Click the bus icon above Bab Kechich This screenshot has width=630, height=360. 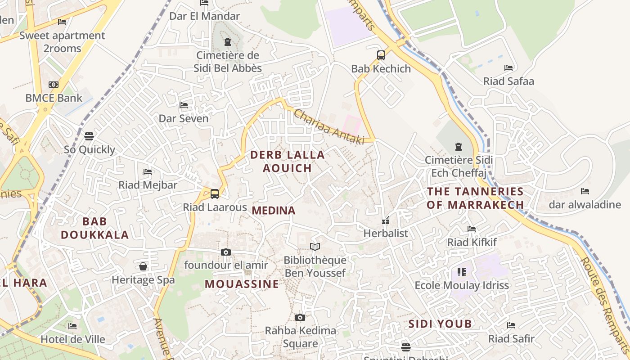(381, 55)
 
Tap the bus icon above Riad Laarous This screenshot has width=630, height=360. (215, 194)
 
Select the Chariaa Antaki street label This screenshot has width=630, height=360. (329, 127)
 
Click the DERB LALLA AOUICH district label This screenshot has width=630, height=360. (287, 161)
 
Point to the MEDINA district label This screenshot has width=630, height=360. (274, 210)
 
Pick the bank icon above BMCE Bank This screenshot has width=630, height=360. (54, 85)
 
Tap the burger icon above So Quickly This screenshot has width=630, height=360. (89, 136)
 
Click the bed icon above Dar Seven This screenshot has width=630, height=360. (184, 105)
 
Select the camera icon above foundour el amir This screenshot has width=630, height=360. (226, 252)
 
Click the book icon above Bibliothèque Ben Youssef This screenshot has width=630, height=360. (315, 247)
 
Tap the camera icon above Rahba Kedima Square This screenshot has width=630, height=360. (300, 317)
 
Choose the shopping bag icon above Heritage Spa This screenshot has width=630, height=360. (143, 266)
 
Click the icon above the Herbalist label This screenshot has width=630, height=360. (386, 220)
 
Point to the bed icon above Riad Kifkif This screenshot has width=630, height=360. (472, 229)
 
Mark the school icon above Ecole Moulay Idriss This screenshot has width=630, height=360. (462, 272)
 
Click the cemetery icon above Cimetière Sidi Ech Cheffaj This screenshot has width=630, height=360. (459, 147)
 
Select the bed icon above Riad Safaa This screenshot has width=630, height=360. (508, 68)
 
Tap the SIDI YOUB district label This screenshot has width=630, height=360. (440, 324)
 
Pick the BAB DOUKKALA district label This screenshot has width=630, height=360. (95, 228)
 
